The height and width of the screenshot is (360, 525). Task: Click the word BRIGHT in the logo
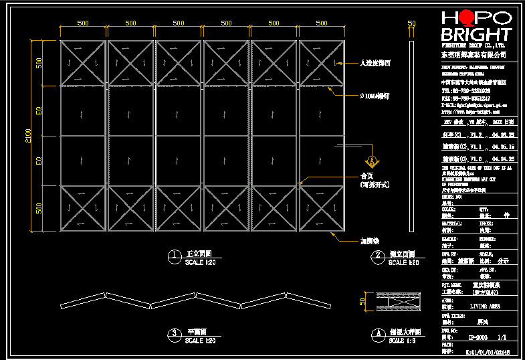coord(477,34)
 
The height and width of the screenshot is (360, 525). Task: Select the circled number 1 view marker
coord(174,255)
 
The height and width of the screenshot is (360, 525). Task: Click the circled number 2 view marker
coord(378,255)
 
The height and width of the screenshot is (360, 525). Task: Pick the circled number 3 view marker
coord(174,333)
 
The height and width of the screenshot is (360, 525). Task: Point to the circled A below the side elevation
coord(378,333)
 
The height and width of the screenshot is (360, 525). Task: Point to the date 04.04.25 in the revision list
coord(503,159)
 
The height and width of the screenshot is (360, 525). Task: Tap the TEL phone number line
coord(466,90)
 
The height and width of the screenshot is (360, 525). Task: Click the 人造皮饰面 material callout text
coord(375,63)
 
